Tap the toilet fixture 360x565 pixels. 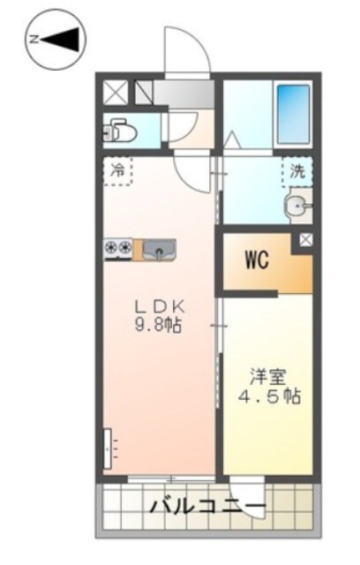(x=121, y=132)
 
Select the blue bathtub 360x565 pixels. (x=293, y=113)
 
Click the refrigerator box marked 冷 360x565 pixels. (x=117, y=171)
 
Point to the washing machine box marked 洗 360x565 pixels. (x=297, y=171)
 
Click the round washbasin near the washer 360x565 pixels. (x=296, y=208)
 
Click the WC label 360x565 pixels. (x=257, y=260)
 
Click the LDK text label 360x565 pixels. (x=158, y=306)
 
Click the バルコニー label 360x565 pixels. (x=206, y=508)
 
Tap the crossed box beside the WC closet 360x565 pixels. (x=305, y=239)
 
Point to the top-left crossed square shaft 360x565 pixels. (x=116, y=91)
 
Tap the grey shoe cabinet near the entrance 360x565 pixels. (x=182, y=90)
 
